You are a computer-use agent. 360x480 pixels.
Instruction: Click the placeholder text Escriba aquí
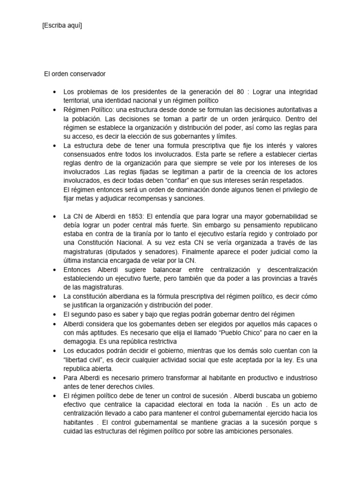[62, 26]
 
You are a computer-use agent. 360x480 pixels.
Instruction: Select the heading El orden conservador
[75, 74]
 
